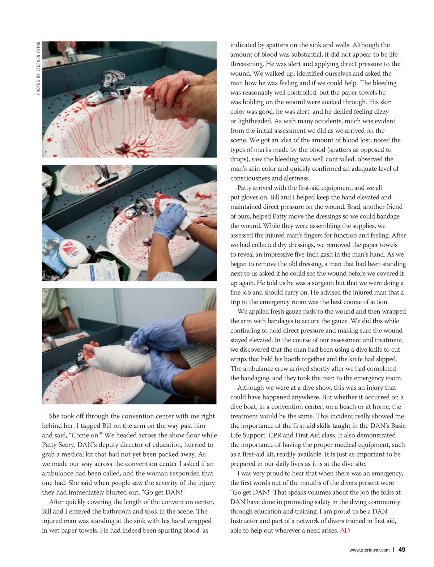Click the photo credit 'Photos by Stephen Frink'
pos(38,68)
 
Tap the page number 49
pos(402,550)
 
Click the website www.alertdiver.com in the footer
pos(369,550)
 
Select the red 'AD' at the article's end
pos(345,530)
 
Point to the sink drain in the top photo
pos(122,148)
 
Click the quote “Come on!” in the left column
pos(85,435)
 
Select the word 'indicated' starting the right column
pos(243,45)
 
